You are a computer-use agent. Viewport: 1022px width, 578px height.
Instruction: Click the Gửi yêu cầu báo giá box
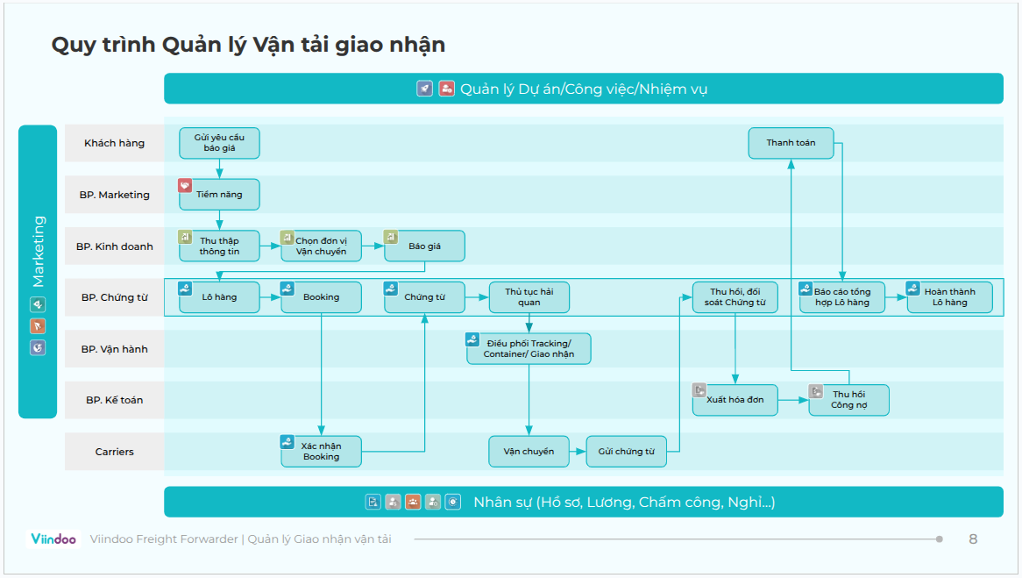[x=219, y=143]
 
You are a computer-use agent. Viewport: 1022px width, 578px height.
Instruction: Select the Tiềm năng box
[x=219, y=195]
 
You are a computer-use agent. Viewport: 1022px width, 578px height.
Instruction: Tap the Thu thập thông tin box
[x=219, y=246]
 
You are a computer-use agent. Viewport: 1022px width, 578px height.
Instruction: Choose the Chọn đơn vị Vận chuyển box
[x=321, y=246]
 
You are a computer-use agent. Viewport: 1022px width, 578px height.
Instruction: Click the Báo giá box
[x=424, y=246]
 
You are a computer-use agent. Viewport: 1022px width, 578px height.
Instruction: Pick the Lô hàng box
[x=219, y=297]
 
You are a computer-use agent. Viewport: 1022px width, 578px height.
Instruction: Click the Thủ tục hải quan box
[x=529, y=297]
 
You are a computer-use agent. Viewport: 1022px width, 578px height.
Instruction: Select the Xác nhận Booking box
[x=321, y=451]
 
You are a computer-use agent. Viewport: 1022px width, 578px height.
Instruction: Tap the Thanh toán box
[x=791, y=143]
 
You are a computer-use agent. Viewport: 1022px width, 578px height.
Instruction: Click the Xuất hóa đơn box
[x=735, y=400]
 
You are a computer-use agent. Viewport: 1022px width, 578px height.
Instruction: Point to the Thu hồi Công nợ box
[x=848, y=400]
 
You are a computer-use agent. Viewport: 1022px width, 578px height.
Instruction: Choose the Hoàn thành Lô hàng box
[x=949, y=297]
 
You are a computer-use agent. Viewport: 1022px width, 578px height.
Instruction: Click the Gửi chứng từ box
[x=626, y=452]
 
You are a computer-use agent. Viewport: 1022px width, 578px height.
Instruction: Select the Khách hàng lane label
[x=114, y=143]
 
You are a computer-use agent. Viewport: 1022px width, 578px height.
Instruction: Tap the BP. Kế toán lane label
[x=114, y=400]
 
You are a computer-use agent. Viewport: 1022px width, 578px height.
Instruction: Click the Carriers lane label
[x=114, y=452]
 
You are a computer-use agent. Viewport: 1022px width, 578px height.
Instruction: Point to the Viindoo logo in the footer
[x=53, y=539]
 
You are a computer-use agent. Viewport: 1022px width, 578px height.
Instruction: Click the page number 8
[x=973, y=539]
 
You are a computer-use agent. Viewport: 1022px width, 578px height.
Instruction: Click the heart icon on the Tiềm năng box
[x=185, y=186]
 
